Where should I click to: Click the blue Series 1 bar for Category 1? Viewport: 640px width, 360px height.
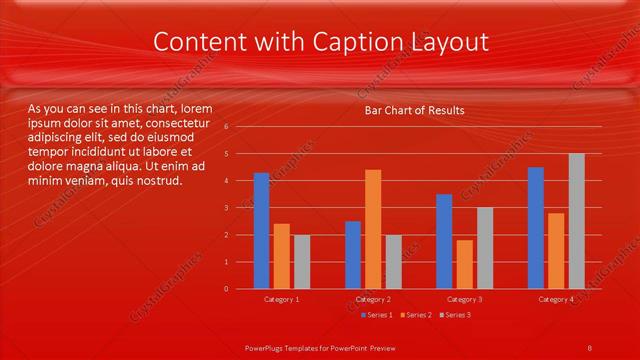tap(261, 231)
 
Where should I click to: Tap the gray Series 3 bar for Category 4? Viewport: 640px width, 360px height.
tap(576, 221)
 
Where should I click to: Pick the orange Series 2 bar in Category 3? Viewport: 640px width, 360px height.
tap(464, 264)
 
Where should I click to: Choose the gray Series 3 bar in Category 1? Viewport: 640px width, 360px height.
tap(301, 262)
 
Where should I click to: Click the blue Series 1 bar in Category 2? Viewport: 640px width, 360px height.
tap(353, 255)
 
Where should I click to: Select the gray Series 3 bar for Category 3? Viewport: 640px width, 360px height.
tap(484, 248)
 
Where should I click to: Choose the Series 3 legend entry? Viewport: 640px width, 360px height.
tap(456, 315)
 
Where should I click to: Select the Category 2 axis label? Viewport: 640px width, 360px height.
tap(373, 299)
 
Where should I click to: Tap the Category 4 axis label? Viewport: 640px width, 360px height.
tap(555, 299)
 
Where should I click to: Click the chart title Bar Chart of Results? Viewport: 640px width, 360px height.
tap(414, 110)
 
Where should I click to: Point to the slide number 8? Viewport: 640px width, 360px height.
tap(589, 346)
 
